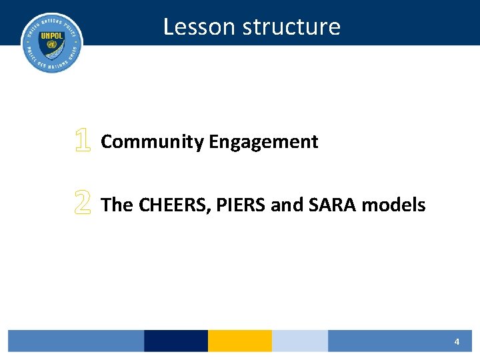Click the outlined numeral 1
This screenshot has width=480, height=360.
(82, 141)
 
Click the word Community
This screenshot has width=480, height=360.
(152, 142)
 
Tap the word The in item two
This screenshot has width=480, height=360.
(117, 205)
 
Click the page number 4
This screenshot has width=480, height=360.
(457, 341)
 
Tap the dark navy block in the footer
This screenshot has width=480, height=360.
(176, 341)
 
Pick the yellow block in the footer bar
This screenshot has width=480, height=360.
(240, 341)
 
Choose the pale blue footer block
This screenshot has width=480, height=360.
(300, 341)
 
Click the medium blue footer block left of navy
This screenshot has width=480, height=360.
(76, 341)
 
